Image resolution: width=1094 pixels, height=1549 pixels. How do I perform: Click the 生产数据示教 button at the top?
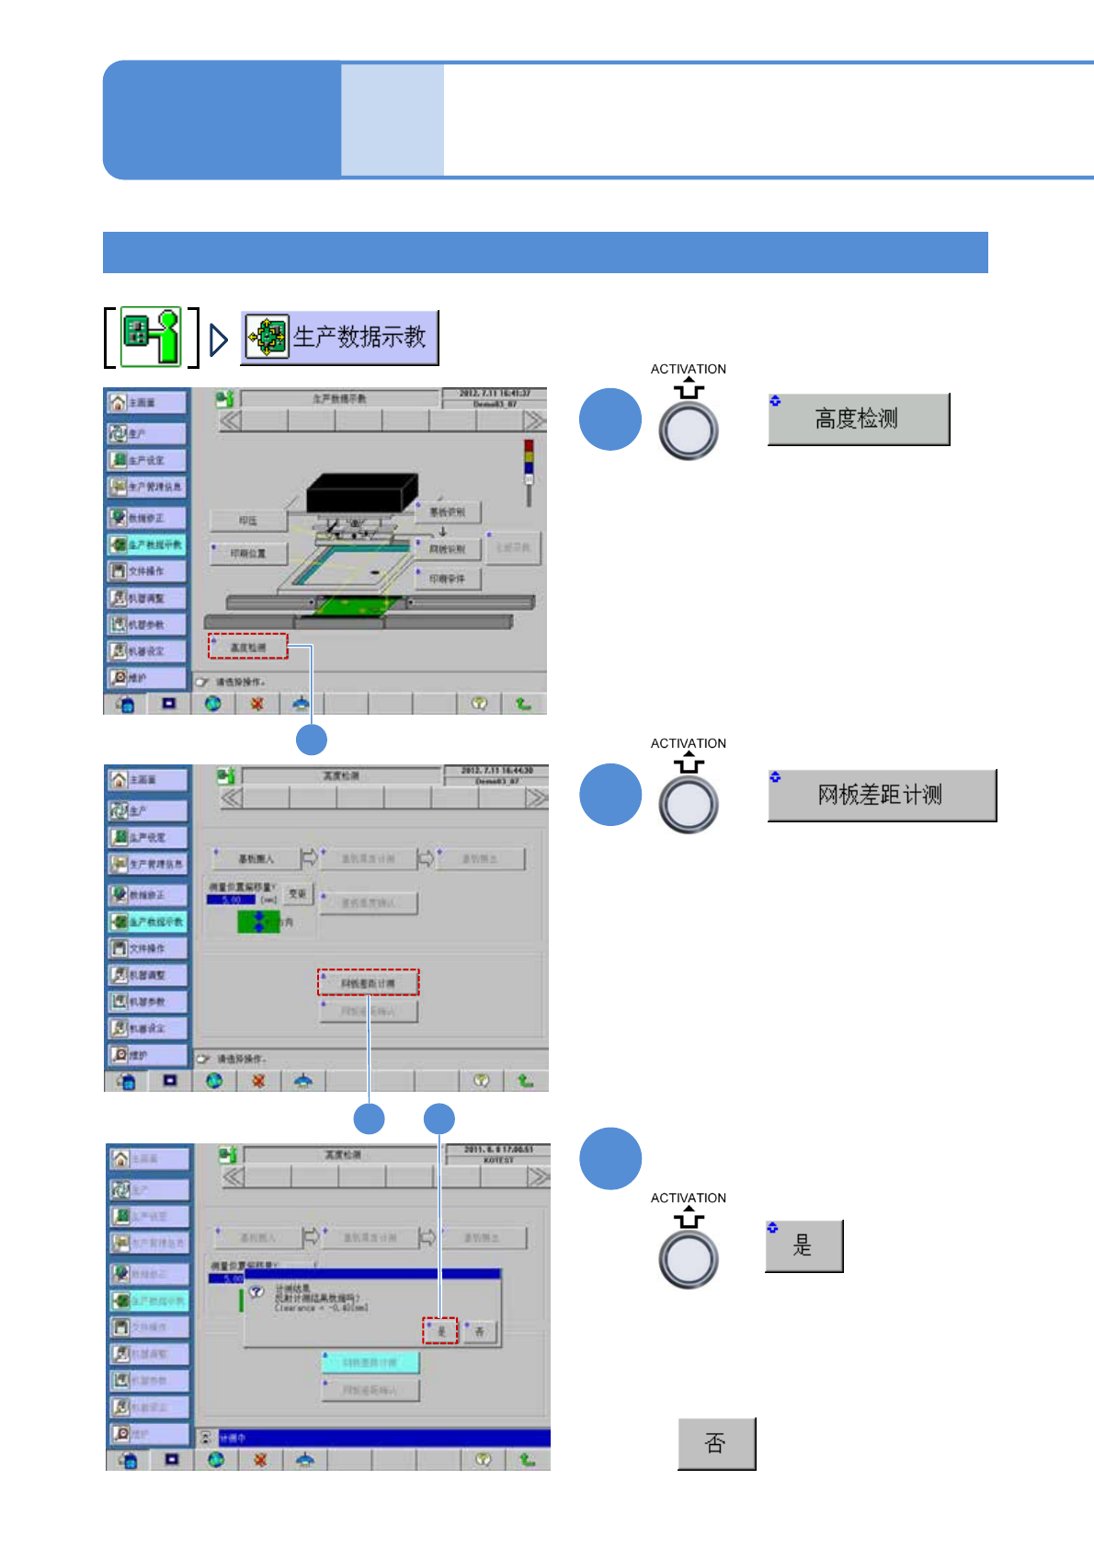coord(339,338)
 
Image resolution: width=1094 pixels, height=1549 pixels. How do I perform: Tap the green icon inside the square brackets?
coord(152,337)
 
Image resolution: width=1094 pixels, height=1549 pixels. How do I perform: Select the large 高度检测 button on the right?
coord(858,419)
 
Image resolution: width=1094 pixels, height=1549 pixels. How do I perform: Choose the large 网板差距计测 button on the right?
coord(881,795)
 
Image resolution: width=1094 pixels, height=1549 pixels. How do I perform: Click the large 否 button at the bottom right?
coord(716,1443)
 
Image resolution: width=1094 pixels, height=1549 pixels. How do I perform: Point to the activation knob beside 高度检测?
coord(688,430)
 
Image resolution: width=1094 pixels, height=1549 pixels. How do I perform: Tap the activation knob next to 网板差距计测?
coord(688,805)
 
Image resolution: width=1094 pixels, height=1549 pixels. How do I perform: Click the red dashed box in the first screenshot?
coord(247,647)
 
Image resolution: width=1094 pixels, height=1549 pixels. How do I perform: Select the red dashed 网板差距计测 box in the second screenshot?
coord(368,982)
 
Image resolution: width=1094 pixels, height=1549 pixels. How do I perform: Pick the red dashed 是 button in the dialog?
coord(440,1330)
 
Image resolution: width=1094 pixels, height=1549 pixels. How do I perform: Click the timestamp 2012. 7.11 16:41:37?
coord(495,394)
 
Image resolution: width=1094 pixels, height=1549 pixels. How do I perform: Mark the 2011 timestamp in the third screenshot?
coord(497,1149)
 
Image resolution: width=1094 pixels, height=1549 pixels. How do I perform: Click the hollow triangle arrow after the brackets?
coord(218,339)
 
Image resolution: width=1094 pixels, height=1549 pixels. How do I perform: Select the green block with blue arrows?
coord(258,921)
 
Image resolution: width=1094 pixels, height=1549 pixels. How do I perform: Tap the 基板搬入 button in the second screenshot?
coord(256,859)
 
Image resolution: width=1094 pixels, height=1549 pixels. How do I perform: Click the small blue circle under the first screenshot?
coord(312,740)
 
